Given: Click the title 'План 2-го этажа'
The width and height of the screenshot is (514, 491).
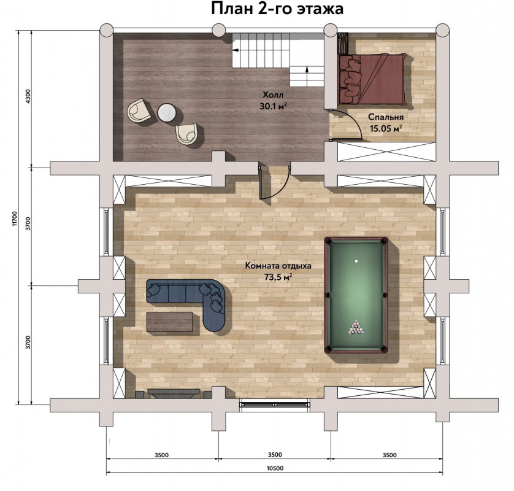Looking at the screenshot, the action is [x=277, y=9].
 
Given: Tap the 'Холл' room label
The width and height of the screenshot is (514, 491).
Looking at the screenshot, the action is [x=273, y=95].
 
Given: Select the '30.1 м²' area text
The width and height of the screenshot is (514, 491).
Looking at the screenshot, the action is [x=274, y=106].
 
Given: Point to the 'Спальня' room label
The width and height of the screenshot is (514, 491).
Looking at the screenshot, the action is [x=385, y=117].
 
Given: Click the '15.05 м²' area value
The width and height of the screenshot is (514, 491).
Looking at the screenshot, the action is [x=386, y=128].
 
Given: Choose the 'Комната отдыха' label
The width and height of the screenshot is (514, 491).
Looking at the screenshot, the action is [x=278, y=266].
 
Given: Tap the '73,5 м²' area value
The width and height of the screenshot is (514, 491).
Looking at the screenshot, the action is [x=278, y=277].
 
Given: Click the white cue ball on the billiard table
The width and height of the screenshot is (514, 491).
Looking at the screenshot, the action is [x=356, y=261].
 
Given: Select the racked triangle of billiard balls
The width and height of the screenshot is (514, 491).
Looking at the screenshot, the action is [x=356, y=327].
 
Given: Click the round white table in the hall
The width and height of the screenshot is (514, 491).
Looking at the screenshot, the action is [x=167, y=113].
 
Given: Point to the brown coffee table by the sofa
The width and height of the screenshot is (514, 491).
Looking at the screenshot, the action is [x=169, y=322].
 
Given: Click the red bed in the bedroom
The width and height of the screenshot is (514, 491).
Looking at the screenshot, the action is [x=372, y=79].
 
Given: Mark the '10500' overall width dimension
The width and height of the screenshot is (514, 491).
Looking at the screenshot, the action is [x=275, y=468].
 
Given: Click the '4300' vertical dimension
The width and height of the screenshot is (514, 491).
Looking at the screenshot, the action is [x=28, y=96].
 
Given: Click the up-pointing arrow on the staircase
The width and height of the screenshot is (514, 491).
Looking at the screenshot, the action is [x=307, y=73].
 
